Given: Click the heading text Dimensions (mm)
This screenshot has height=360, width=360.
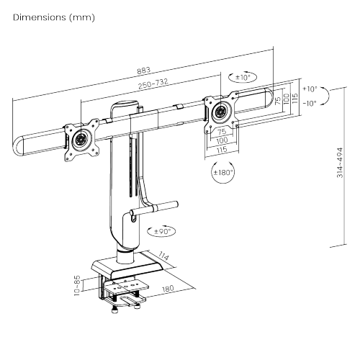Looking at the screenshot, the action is point(54,17).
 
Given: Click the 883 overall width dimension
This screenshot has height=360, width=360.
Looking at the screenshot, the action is point(143,71).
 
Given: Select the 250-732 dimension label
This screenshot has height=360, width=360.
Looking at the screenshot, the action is point(153,84).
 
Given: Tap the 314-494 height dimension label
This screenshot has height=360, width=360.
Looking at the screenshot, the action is point(340,163).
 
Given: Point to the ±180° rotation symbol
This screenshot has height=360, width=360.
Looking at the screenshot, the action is point(223,172).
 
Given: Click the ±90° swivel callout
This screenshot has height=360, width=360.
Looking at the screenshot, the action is point(162,231).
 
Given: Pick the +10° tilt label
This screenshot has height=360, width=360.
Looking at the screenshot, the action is point(310,89).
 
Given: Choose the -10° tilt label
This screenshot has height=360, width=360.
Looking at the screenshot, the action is point(310,104).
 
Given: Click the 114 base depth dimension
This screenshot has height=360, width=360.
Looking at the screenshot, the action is point(163,256).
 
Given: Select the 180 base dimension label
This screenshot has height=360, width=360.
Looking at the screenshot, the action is point(168,289).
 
